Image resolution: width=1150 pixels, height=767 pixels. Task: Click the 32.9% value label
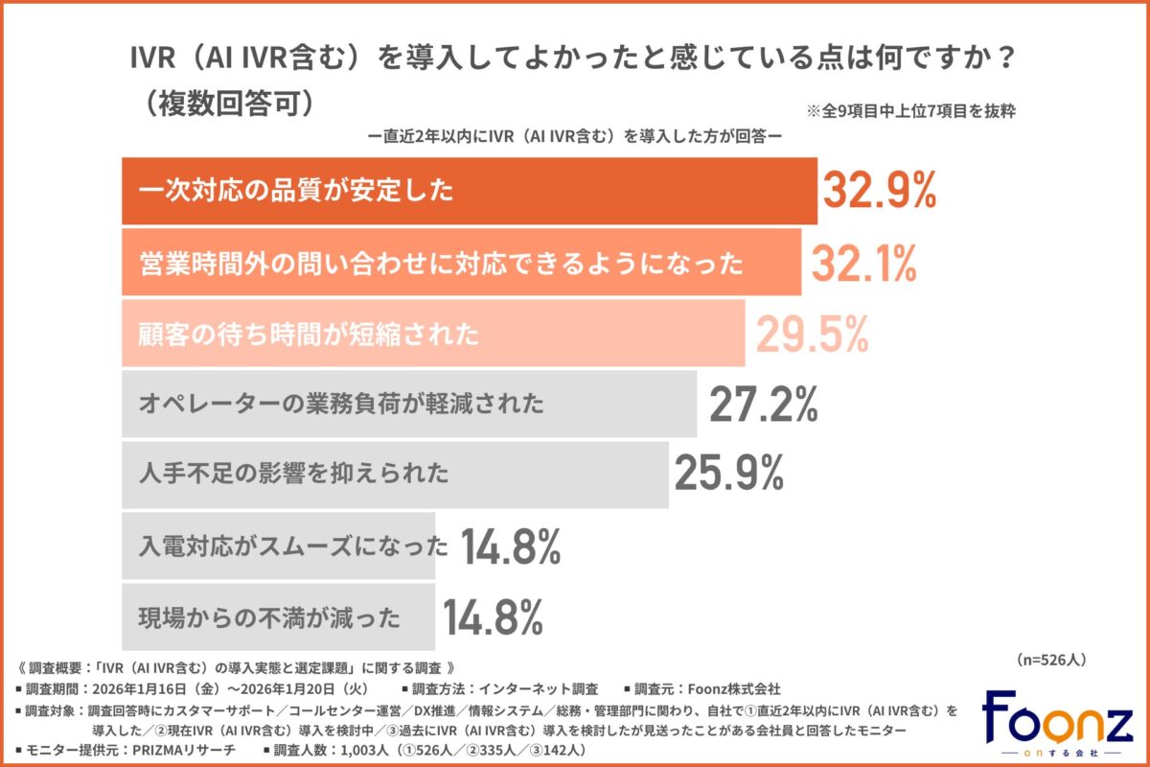(x=877, y=192)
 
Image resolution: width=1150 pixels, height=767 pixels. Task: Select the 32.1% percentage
(x=863, y=264)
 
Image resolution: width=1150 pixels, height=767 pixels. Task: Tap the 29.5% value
(x=813, y=334)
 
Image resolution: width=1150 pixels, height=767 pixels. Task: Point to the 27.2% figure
(x=763, y=405)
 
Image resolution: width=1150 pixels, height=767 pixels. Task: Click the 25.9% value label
(x=729, y=473)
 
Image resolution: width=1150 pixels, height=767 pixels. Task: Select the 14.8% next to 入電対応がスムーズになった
(x=510, y=546)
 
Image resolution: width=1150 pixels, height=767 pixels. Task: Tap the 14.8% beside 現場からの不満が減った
(x=494, y=617)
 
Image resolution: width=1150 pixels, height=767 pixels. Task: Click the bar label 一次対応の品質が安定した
(x=295, y=191)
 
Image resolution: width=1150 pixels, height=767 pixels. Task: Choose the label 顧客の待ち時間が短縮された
(x=309, y=334)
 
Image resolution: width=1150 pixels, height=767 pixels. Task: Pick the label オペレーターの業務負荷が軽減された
(x=341, y=404)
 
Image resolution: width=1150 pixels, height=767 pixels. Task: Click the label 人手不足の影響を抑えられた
(x=294, y=473)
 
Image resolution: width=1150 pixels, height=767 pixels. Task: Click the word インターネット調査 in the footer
(x=536, y=688)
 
